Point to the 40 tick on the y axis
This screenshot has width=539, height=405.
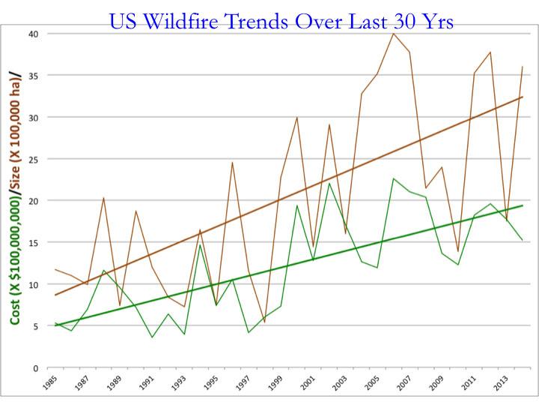[x=34, y=34]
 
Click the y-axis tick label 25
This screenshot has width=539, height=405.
[x=34, y=159]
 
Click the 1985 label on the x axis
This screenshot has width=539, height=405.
[x=50, y=385]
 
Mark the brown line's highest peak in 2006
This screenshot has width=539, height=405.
[x=393, y=33]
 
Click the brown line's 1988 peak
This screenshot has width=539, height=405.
[x=103, y=197]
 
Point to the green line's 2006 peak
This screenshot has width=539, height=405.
[x=393, y=178]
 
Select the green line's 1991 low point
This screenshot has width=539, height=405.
[x=153, y=337]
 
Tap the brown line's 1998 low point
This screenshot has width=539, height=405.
[x=264, y=322]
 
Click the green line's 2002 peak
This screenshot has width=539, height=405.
[x=329, y=183]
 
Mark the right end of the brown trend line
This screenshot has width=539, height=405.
[x=522, y=97]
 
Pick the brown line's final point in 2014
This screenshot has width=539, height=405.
[x=522, y=67]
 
